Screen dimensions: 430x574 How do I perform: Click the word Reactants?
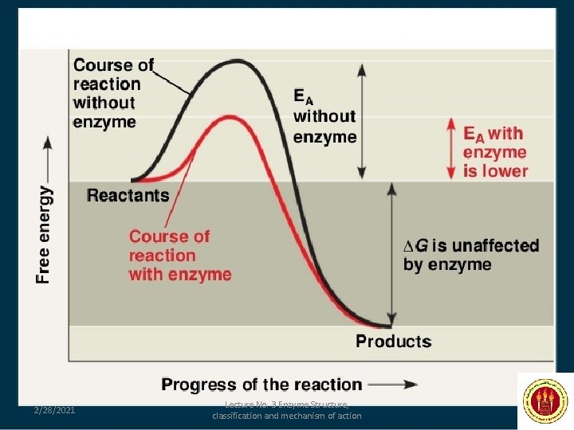128,195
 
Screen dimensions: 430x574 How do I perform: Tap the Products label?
393,342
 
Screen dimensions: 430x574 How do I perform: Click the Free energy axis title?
46,234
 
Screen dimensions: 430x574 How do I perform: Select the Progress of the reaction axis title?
261,385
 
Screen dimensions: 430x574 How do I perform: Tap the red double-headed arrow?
450,149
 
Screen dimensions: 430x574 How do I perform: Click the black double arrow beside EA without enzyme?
362,121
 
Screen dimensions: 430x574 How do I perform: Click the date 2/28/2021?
54,410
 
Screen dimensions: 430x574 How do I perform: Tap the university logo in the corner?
545,401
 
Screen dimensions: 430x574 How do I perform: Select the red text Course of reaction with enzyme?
179,255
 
